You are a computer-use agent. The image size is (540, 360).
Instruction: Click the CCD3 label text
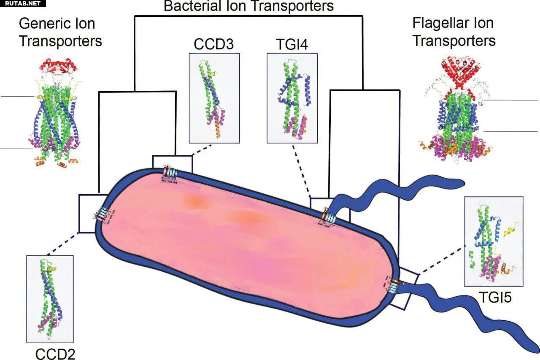click(213, 44)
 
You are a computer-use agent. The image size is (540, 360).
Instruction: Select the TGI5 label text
click(495, 298)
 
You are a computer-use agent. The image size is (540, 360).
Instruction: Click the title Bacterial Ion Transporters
click(248, 6)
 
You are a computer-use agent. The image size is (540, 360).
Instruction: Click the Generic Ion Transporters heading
click(60, 32)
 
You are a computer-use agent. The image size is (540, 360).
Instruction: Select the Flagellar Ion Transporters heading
click(454, 32)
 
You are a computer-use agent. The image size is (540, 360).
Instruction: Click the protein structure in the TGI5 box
click(489, 245)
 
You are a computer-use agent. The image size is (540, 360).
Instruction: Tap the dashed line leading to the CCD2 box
click(63, 244)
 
